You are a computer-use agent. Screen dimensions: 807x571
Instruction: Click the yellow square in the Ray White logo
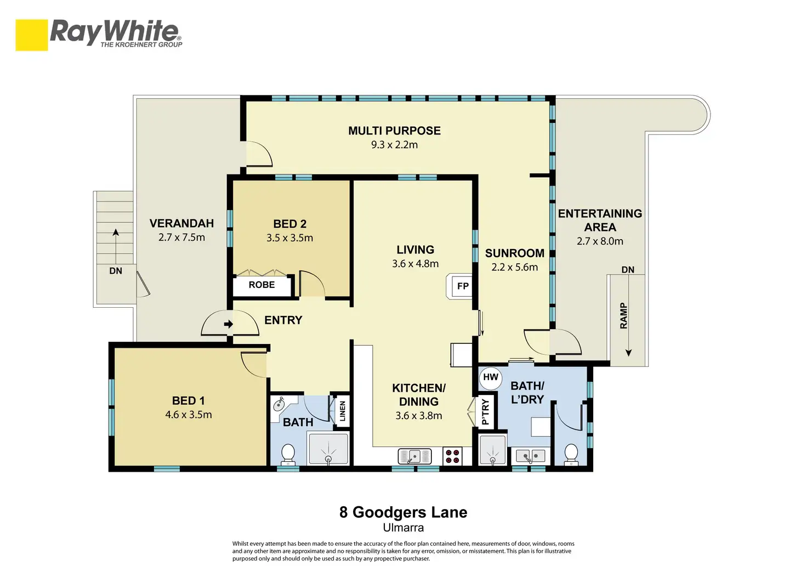pyautogui.click(x=32, y=35)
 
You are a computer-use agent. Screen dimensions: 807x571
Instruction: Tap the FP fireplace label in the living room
pyautogui.click(x=463, y=286)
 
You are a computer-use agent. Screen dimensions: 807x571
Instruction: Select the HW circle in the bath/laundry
pyautogui.click(x=490, y=378)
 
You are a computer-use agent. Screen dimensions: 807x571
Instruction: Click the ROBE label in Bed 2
pyautogui.click(x=262, y=285)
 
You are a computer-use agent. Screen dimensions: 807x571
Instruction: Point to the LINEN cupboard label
pyautogui.click(x=343, y=411)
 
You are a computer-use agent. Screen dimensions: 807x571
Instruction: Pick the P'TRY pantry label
pyautogui.click(x=485, y=412)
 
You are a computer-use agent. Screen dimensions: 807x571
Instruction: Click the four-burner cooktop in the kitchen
pyautogui.click(x=452, y=456)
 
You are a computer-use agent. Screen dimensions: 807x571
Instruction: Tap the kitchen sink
pyautogui.click(x=414, y=456)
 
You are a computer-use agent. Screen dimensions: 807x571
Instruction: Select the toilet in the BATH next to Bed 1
pyautogui.click(x=288, y=454)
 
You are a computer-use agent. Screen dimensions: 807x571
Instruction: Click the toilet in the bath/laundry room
pyautogui.click(x=571, y=454)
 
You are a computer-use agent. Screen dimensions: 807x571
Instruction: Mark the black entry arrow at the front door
pyautogui.click(x=229, y=324)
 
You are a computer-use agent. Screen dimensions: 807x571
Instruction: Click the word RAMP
pyautogui.click(x=624, y=315)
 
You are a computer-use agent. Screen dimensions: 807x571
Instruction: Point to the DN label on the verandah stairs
pyautogui.click(x=116, y=271)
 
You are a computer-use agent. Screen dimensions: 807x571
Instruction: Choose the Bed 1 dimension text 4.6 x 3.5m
pyautogui.click(x=189, y=415)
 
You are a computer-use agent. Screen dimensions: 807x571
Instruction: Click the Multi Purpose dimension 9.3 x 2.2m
pyautogui.click(x=395, y=145)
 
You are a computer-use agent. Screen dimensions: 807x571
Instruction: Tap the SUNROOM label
pyautogui.click(x=514, y=253)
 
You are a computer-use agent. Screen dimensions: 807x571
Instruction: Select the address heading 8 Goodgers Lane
pyautogui.click(x=403, y=512)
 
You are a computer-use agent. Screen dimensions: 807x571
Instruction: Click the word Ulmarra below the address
pyautogui.click(x=403, y=528)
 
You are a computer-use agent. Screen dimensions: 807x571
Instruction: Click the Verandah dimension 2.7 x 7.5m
pyautogui.click(x=181, y=237)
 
